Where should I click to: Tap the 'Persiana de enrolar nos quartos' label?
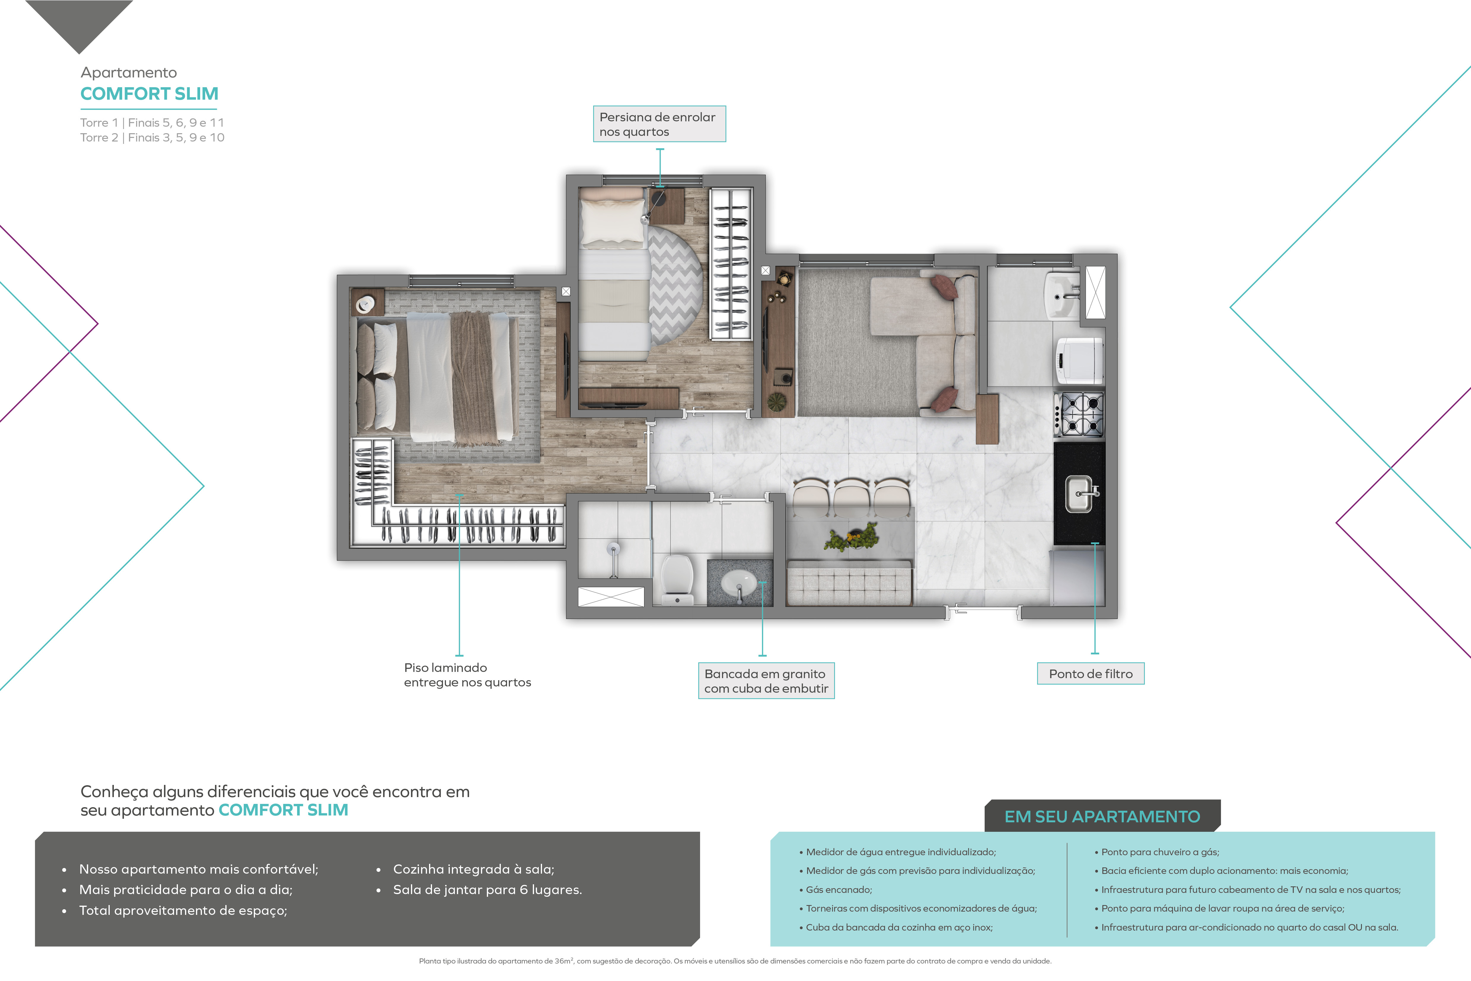(x=659, y=124)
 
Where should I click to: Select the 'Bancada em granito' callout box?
(x=766, y=681)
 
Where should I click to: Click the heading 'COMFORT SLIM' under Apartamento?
(x=149, y=94)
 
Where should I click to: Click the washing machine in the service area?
(x=1080, y=361)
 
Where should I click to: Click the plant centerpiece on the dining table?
(x=851, y=538)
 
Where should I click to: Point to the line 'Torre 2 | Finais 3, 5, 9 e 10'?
(x=152, y=138)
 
